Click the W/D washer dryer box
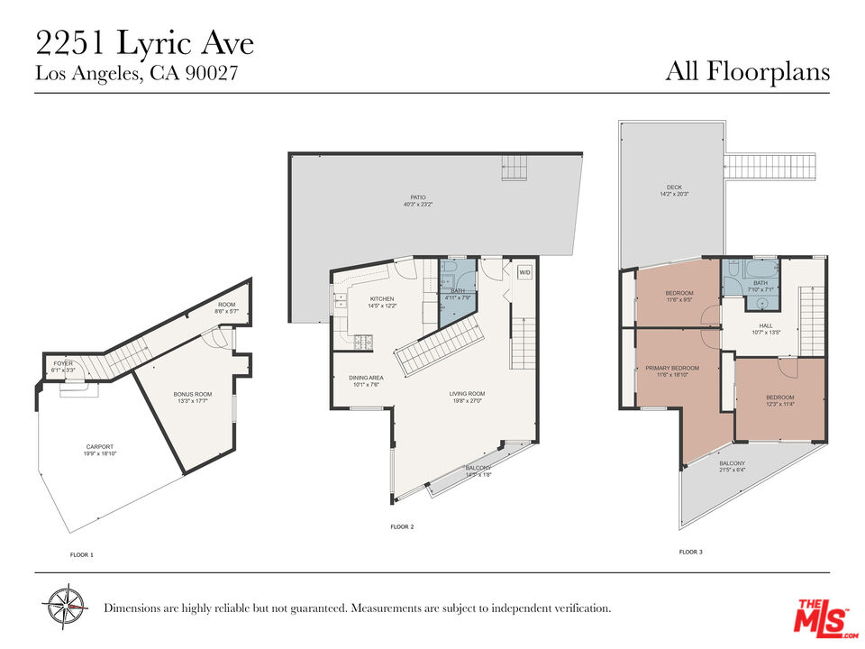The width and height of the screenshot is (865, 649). pyautogui.click(x=524, y=272)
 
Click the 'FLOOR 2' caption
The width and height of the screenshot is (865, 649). pyautogui.click(x=402, y=526)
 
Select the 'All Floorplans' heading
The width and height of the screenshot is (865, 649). pyautogui.click(x=747, y=71)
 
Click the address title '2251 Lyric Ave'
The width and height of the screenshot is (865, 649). pyautogui.click(x=144, y=42)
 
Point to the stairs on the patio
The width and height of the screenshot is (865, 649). pyautogui.click(x=514, y=168)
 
